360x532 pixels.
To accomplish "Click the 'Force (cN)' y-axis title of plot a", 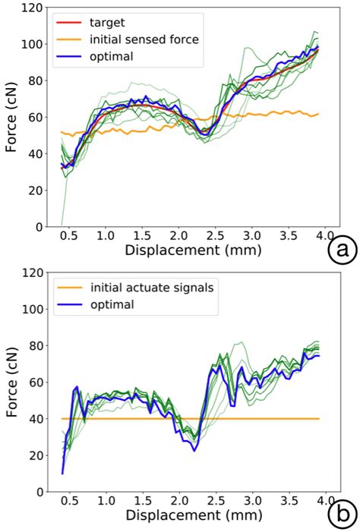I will [11, 118].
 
